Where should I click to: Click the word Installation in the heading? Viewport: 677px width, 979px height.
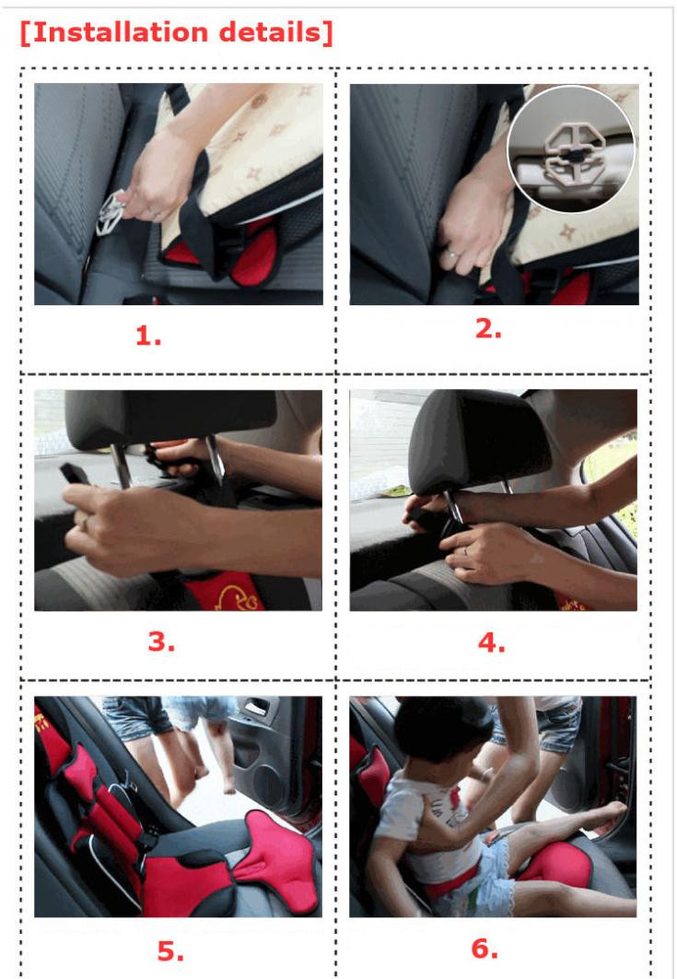coord(120,32)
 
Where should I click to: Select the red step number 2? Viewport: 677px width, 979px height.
coord(488,329)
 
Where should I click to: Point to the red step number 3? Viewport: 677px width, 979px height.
coord(161,642)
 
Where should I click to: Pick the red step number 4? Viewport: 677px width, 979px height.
coord(492,643)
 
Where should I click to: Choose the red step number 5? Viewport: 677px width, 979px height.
coord(170,951)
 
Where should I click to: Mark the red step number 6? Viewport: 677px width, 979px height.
coord(484,949)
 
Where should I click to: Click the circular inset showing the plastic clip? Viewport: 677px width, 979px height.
coord(570,149)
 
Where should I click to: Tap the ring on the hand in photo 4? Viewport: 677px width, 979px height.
coord(465,550)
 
